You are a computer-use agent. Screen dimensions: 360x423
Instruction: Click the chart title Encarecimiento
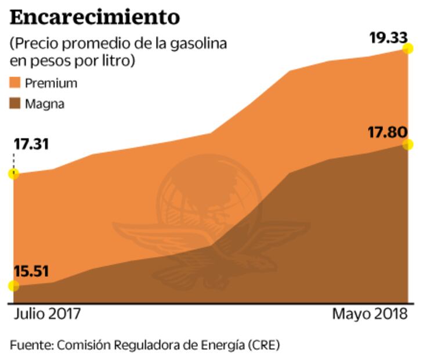(x=95, y=17)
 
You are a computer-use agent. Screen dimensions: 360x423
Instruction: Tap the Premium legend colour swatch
(x=16, y=82)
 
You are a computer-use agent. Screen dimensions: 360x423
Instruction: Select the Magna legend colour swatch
(x=16, y=105)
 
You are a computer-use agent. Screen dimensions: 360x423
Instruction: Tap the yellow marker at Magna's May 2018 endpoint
(x=408, y=145)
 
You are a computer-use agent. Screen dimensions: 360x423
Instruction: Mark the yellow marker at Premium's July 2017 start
(x=13, y=174)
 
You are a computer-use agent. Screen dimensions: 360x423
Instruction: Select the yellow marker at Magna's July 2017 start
(x=13, y=286)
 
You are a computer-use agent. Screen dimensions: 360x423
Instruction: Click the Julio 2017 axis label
(x=47, y=314)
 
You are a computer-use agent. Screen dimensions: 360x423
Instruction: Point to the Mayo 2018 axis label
(x=370, y=314)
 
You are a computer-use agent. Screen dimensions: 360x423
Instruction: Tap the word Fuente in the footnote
(x=30, y=344)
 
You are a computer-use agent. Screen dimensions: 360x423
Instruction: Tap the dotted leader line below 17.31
(x=13, y=160)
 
